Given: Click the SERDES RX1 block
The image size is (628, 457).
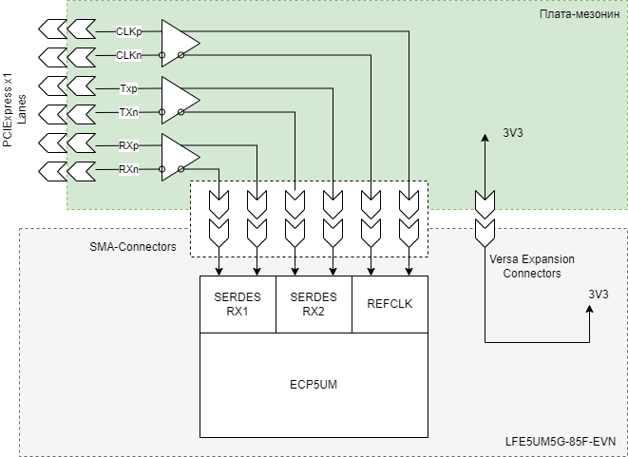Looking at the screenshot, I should [x=238, y=304].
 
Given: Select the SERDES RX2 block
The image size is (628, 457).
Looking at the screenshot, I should [x=314, y=304].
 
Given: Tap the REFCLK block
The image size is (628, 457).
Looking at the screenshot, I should [x=390, y=304].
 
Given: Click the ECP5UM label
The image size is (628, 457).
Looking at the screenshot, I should [x=314, y=386].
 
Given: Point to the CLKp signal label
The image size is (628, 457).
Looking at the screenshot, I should [x=129, y=30].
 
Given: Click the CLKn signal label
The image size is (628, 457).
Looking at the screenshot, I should [x=129, y=55].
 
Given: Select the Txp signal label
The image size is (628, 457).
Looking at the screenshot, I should [x=129, y=88].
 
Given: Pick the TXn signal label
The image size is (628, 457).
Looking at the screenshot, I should [x=129, y=113].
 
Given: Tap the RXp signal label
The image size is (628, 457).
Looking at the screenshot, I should [x=129, y=145].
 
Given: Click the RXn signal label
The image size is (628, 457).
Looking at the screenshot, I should [x=129, y=169].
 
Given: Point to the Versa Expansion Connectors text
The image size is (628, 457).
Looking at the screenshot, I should [x=531, y=266].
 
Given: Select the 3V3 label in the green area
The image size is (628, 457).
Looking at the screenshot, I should [x=514, y=133].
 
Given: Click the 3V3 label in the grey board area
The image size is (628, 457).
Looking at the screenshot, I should [x=598, y=295].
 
